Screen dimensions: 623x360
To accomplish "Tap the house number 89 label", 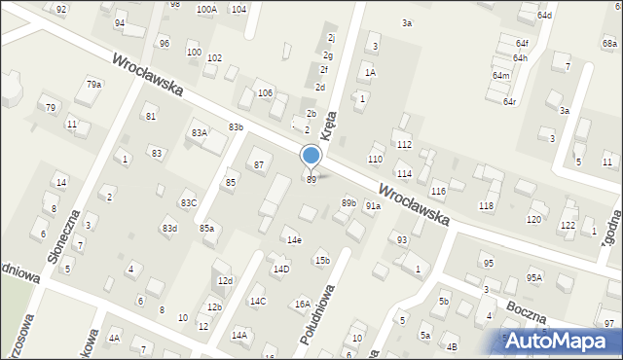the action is click(x=311, y=180).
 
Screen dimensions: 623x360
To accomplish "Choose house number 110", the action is click(x=375, y=159).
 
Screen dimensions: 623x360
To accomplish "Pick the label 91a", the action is click(x=373, y=206).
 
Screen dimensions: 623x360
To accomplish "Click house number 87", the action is click(x=259, y=165).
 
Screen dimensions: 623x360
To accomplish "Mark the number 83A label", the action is click(x=200, y=133).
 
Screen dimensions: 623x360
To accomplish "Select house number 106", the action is click(x=265, y=92).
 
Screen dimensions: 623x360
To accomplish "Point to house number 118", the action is click(x=486, y=206).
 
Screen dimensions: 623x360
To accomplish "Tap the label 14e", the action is click(x=293, y=240).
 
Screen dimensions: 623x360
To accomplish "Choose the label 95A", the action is click(x=533, y=277).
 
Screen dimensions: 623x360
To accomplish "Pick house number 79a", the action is click(x=93, y=85).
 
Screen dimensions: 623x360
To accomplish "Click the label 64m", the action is click(x=500, y=76).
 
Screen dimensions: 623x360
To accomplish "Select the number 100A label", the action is click(x=206, y=10).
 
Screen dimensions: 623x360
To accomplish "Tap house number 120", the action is click(x=533, y=220).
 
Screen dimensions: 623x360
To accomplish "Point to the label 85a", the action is click(x=207, y=229).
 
